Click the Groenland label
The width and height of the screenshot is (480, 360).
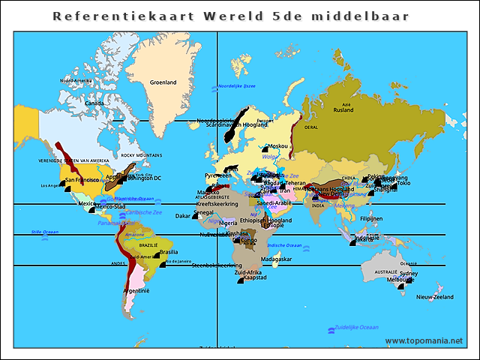click(x=163, y=82)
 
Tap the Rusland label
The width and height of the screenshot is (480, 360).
click(x=343, y=110)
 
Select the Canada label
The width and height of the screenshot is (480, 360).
click(x=94, y=103)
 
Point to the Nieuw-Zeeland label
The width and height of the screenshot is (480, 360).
click(x=435, y=297)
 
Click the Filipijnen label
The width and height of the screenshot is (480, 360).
click(x=372, y=218)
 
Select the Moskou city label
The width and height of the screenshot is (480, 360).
click(x=277, y=146)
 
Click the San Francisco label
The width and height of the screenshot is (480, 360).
click(x=82, y=180)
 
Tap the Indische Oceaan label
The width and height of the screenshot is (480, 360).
click(x=284, y=245)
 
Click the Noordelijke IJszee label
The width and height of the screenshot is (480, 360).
click(x=236, y=86)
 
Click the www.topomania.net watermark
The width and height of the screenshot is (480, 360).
click(x=424, y=341)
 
